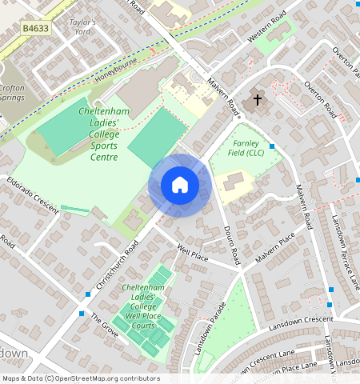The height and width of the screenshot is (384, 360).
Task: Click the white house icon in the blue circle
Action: [180, 186]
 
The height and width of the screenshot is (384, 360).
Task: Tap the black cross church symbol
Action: [258, 100]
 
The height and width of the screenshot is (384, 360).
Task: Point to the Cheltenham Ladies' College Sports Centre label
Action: [99, 134]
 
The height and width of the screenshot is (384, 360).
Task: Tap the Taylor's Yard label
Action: [82, 28]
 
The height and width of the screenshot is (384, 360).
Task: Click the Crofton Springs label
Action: [12, 93]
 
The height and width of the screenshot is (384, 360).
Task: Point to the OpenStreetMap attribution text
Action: [80, 378]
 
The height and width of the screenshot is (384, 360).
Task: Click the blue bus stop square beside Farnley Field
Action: [272, 146]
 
